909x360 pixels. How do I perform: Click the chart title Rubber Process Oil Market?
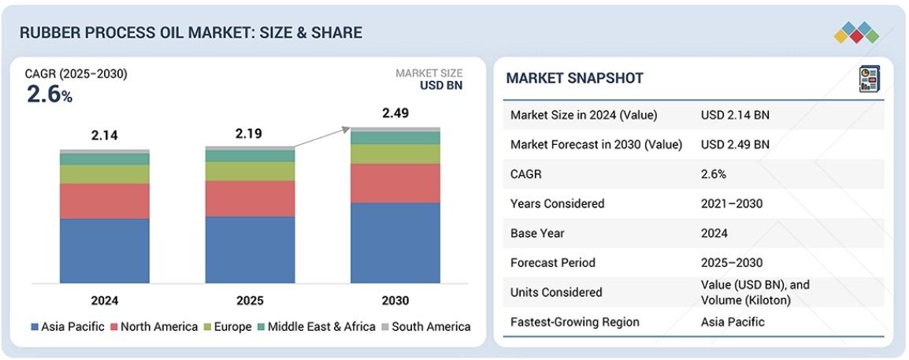(x=191, y=32)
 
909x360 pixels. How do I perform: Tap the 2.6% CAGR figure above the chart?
(x=49, y=95)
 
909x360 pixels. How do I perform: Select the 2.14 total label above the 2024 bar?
(x=104, y=135)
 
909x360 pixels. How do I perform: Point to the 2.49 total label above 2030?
(x=395, y=113)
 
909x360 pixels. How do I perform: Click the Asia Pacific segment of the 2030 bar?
(x=395, y=243)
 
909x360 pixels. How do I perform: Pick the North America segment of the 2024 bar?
(x=104, y=201)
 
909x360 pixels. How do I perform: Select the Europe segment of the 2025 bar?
(x=250, y=171)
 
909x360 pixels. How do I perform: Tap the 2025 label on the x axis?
(x=250, y=300)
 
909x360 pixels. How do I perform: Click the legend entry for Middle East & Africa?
(x=321, y=326)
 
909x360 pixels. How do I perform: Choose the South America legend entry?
(x=425, y=326)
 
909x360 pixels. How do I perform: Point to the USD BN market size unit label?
(x=441, y=86)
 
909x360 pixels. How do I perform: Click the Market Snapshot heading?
(x=574, y=78)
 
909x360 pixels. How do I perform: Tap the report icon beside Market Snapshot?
(x=868, y=79)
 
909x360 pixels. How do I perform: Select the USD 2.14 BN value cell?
(x=735, y=115)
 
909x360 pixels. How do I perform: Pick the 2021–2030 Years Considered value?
(x=732, y=203)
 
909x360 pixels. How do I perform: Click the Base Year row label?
(x=537, y=233)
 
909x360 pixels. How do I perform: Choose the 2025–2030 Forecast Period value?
(x=732, y=262)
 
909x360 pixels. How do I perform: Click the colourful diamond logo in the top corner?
(x=855, y=32)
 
